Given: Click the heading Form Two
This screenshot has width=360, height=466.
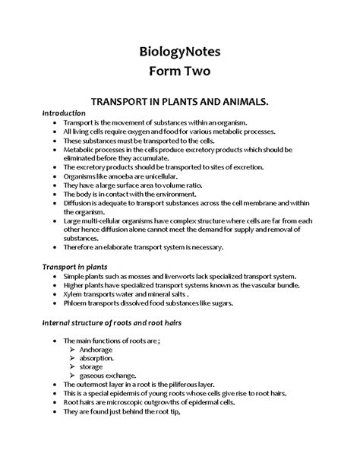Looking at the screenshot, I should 179,74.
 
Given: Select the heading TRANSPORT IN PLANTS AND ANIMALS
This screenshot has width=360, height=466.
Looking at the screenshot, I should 179,101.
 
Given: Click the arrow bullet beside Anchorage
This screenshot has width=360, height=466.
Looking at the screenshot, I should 72,349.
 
